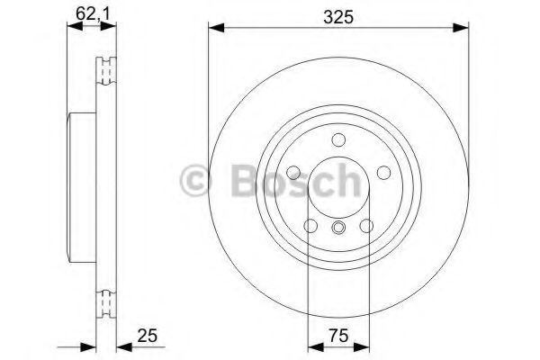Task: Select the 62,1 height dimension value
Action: coord(87,13)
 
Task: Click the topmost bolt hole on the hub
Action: coord(338,139)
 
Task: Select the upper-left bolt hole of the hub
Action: coord(294,172)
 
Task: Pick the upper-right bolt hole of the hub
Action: coord(382,172)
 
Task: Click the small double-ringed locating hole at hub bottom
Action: coord(338,227)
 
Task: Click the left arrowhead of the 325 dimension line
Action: coord(215,30)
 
